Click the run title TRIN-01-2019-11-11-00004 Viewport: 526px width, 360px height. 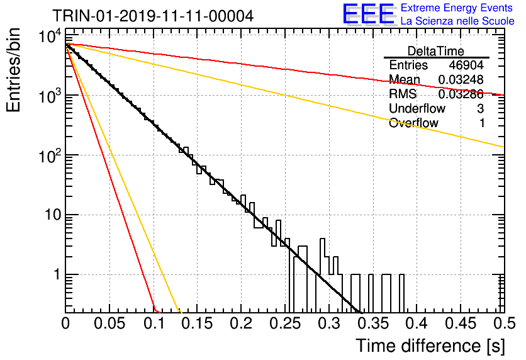pyautogui.click(x=153, y=16)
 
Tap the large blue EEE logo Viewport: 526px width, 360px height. pyautogui.click(x=369, y=14)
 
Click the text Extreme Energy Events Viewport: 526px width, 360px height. pyautogui.click(x=457, y=8)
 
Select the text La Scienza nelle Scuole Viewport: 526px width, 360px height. pyautogui.click(x=457, y=21)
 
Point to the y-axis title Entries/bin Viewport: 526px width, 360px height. pyautogui.click(x=13, y=70)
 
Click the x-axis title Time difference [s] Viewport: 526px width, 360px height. pyautogui.click(x=430, y=346)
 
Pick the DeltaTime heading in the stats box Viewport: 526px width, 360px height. pyautogui.click(x=436, y=51)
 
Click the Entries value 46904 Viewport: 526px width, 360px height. pyautogui.click(x=466, y=65)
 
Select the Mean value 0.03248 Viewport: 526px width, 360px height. pyautogui.click(x=461, y=79)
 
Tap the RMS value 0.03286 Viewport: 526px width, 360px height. pyautogui.click(x=461, y=94)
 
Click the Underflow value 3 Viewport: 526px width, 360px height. pyautogui.click(x=480, y=109)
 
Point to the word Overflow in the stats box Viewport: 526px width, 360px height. pyautogui.click(x=413, y=123)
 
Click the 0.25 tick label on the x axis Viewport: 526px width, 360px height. pyautogui.click(x=285, y=323)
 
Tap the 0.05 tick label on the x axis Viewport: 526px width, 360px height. pyautogui.click(x=109, y=323)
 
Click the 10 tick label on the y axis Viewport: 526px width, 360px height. pyautogui.click(x=53, y=215)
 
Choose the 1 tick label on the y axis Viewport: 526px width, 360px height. pyautogui.click(x=57, y=274)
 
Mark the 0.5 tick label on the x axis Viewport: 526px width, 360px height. pyautogui.click(x=504, y=323)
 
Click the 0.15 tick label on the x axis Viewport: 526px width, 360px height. pyautogui.click(x=198, y=323)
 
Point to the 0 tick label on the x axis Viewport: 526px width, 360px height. pyautogui.click(x=65, y=323)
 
